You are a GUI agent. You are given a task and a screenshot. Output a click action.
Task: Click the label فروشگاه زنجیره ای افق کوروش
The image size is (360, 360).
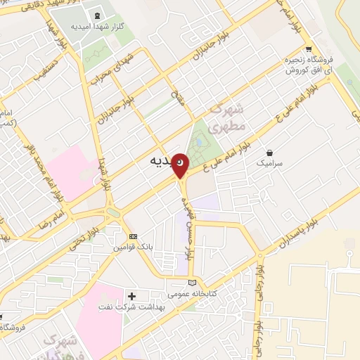tap(308, 65)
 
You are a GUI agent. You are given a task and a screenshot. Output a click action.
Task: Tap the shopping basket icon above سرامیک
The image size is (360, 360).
tap(269, 152)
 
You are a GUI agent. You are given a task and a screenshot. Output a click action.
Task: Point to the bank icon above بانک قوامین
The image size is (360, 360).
tap(133, 237)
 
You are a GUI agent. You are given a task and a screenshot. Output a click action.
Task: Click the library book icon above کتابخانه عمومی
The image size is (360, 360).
tap(193, 282)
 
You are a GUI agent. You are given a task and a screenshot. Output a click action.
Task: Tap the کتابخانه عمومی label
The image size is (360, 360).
tap(192, 293)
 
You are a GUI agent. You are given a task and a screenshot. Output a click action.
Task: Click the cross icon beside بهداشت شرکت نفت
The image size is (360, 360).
tap(131, 296)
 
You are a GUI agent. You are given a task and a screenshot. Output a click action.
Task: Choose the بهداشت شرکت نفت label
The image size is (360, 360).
tap(157, 307)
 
